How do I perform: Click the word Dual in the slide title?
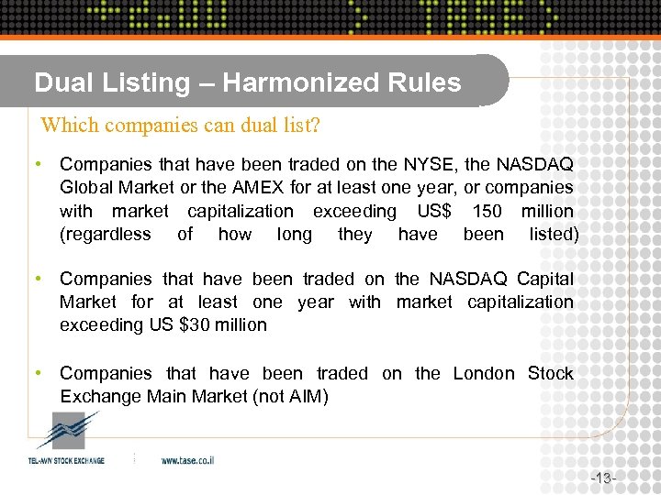60,82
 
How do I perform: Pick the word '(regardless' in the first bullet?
105,234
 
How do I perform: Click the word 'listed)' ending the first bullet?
554,234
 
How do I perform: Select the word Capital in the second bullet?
545,279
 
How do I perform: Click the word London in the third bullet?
484,373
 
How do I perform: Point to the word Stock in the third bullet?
551,373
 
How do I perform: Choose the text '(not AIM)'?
286,396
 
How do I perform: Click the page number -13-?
603,478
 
